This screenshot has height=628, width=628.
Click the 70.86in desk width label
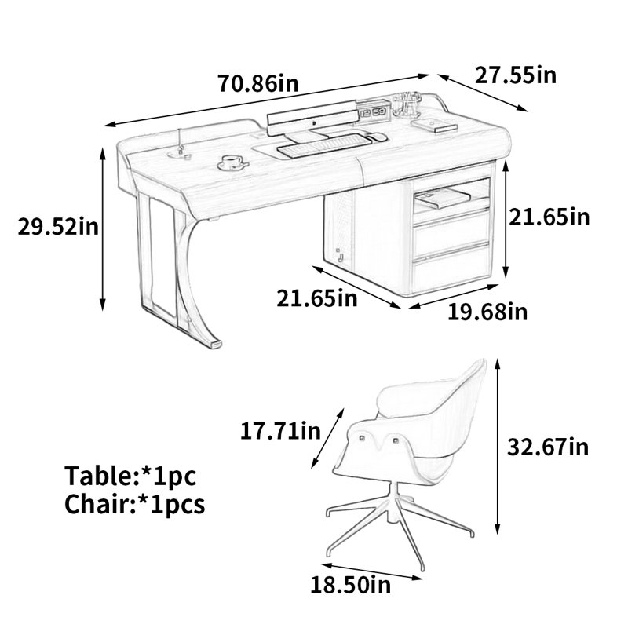[258, 83]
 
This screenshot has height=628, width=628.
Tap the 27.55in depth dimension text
[516, 75]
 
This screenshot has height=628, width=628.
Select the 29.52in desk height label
[58, 227]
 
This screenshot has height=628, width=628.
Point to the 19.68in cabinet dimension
[487, 312]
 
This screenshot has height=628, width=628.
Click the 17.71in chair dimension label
[280, 431]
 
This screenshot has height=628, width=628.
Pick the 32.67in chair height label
[548, 447]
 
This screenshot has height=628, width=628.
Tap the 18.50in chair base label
[350, 585]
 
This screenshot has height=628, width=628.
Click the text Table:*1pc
[130, 476]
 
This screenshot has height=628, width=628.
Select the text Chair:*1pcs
[134, 504]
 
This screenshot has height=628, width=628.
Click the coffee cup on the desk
[232, 162]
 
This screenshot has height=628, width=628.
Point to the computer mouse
[378, 137]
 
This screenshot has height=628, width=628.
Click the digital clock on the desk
[373, 112]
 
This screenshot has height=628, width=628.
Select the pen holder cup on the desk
[407, 104]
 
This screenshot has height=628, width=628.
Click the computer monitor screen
[312, 115]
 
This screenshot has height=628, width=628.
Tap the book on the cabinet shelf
[442, 199]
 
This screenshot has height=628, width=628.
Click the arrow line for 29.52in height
[103, 229]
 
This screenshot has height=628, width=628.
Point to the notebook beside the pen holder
[435, 125]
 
